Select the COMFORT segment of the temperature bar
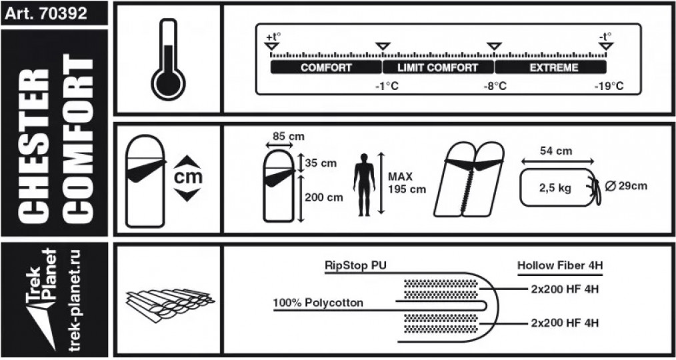(x=326, y=67)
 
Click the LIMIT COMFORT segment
(x=437, y=67)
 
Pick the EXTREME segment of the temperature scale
(x=550, y=67)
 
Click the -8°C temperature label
(x=495, y=87)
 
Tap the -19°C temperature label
(x=609, y=87)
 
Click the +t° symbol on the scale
(x=272, y=37)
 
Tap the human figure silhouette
(x=363, y=184)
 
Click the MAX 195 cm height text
(x=406, y=183)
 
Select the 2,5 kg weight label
(x=555, y=188)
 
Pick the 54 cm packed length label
(x=556, y=151)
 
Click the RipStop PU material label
(x=356, y=265)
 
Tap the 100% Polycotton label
(x=318, y=303)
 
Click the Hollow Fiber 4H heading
(x=560, y=265)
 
